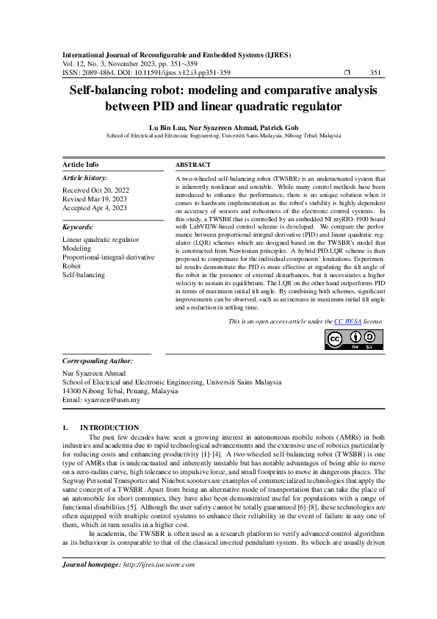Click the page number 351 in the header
click(375, 72)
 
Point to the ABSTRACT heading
click(193, 165)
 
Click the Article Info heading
click(81, 165)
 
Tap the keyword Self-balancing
click(84, 275)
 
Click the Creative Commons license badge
click(353, 339)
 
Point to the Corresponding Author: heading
click(98, 362)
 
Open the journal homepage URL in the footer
click(160, 585)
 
